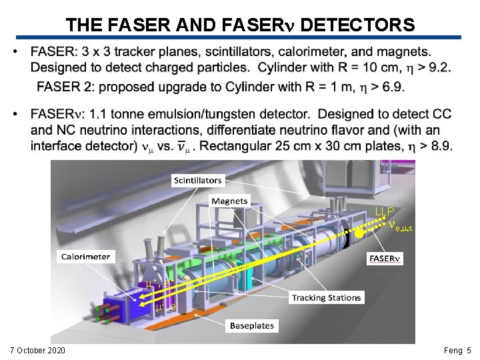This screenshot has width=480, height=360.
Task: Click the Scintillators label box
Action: [x=198, y=180]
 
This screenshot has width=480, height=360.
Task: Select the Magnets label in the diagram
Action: [x=229, y=201]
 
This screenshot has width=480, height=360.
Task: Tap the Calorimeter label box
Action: [x=86, y=256]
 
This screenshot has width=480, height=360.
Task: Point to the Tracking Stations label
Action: [x=327, y=297]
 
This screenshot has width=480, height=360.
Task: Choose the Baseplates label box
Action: [x=251, y=326]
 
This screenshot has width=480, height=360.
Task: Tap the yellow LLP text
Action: [x=385, y=211]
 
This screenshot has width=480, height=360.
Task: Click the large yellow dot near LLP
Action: [x=359, y=233]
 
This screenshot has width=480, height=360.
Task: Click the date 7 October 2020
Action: [x=37, y=350]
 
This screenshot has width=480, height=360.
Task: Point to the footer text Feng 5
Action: [x=457, y=350]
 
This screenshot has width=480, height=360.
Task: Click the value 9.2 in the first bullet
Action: [x=439, y=67]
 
